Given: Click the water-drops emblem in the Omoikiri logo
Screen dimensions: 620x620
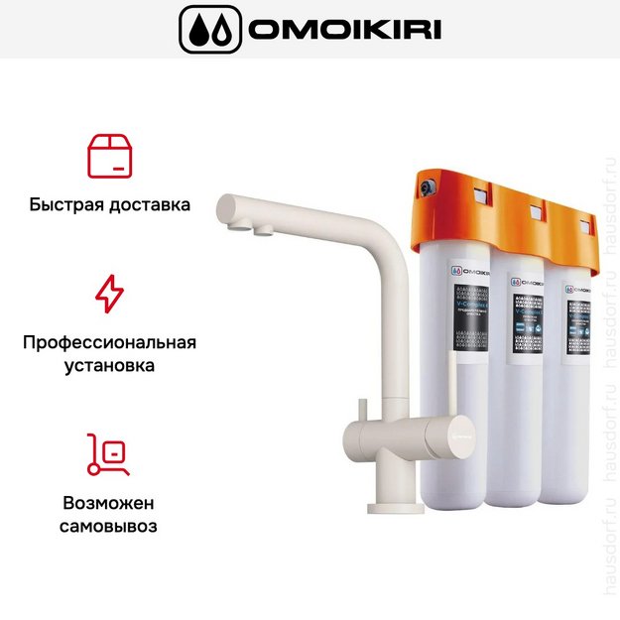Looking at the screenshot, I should point(208,30).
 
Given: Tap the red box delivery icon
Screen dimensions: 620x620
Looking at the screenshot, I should point(109,156).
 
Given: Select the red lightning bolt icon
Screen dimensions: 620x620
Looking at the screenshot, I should point(109,295).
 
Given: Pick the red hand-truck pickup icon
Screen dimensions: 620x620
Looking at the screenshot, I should point(109,453).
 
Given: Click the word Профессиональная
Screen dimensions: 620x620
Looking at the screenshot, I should point(109,342).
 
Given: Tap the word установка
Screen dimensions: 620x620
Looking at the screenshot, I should point(109,366).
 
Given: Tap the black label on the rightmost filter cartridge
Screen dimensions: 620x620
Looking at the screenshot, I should point(579,322).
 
